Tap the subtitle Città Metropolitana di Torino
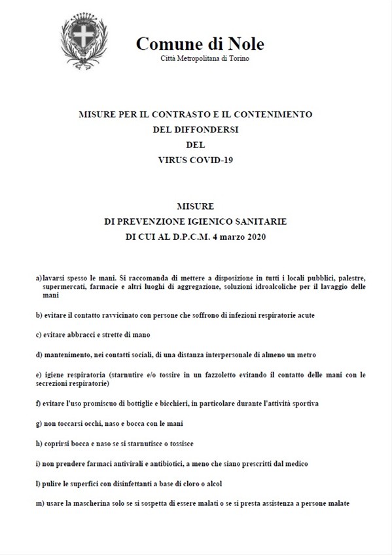pos(204,59)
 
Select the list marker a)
pos(39,278)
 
